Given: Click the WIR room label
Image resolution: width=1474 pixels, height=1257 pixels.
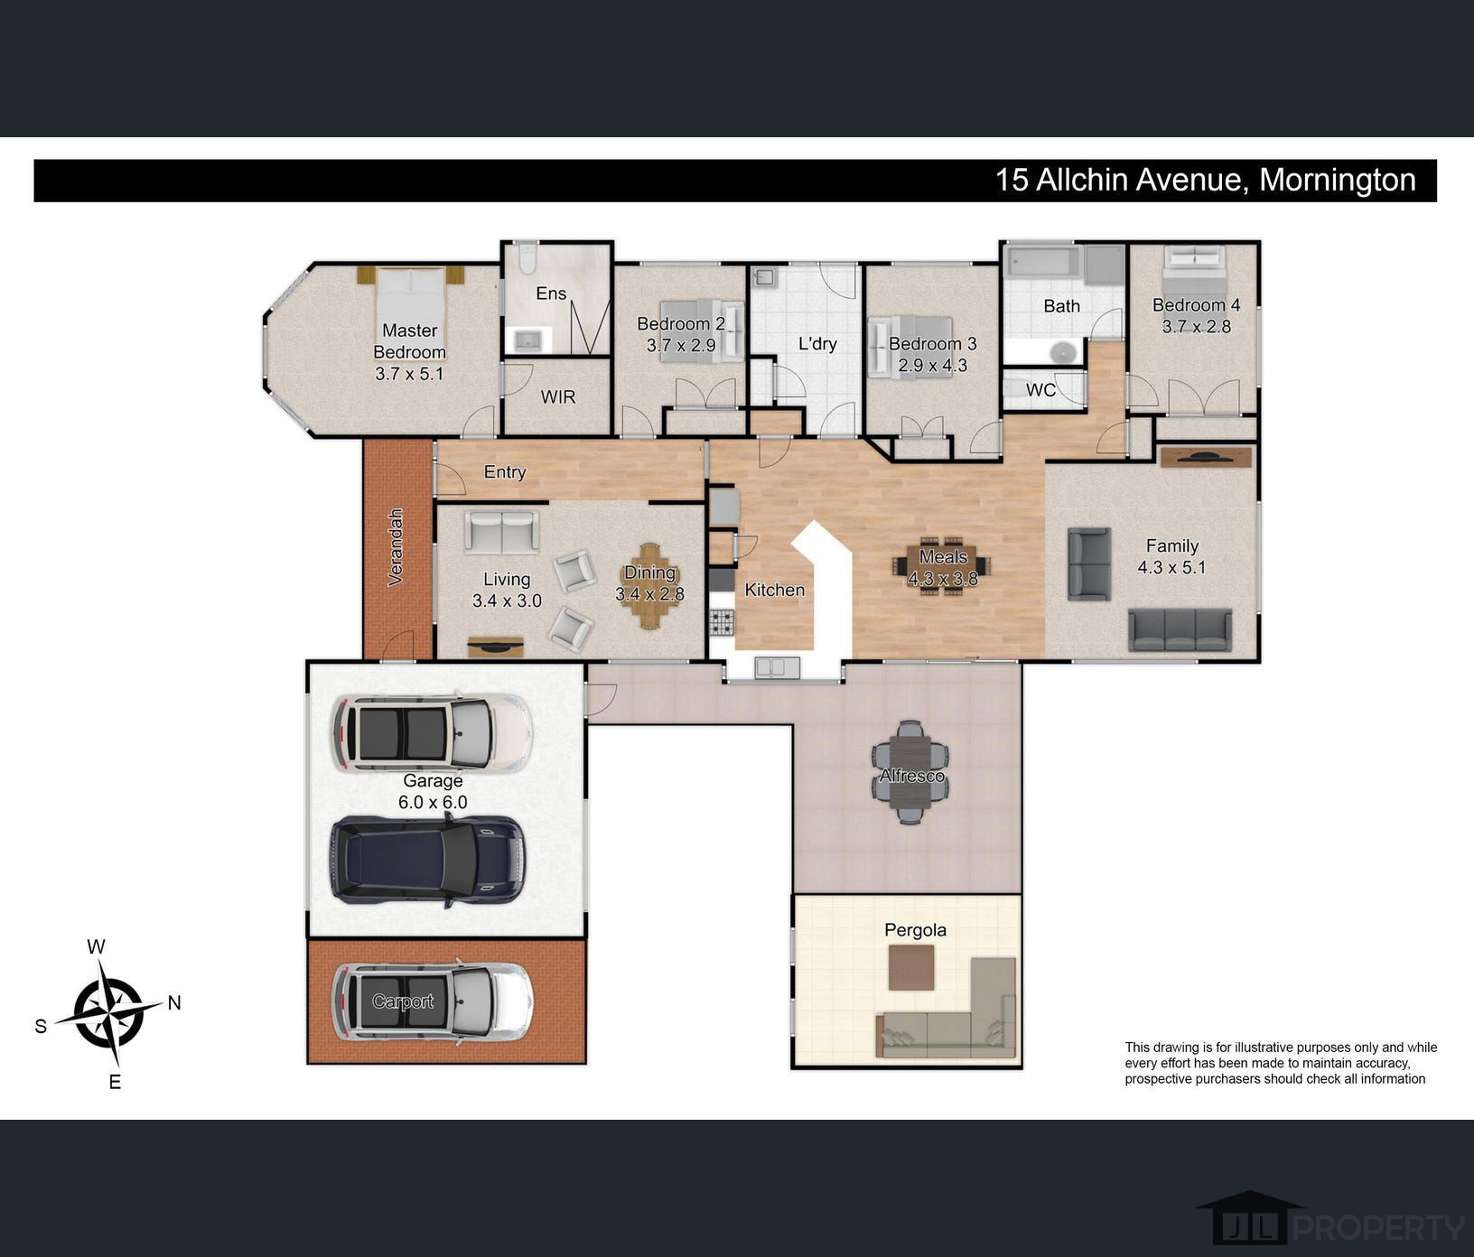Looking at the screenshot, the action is [x=557, y=397].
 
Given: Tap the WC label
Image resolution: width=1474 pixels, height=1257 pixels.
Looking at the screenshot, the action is [x=1040, y=390].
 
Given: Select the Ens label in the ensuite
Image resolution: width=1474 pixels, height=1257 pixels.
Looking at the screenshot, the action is [x=551, y=293].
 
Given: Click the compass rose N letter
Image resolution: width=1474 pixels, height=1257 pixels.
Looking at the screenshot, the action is [x=174, y=1002].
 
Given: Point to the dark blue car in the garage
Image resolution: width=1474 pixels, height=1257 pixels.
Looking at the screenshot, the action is [x=426, y=859].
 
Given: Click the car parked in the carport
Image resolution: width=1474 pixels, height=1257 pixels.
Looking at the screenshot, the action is [x=433, y=1003].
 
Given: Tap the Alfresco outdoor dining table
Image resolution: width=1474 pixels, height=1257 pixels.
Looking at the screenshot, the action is [x=910, y=772].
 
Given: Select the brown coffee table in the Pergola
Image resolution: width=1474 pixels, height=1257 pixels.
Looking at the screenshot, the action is [x=910, y=967].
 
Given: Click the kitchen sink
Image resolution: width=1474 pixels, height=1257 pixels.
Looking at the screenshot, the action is [x=778, y=667].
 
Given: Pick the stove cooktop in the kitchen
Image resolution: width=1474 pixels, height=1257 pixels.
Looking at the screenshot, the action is [x=722, y=621].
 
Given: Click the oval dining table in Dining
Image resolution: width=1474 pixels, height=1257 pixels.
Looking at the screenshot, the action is [x=649, y=585].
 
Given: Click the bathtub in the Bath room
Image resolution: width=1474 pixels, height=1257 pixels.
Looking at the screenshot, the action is [x=1044, y=262].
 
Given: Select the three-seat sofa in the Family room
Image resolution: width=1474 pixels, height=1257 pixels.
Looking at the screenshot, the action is [x=1180, y=629].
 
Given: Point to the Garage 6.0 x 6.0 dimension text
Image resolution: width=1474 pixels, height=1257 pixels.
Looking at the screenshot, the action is [x=433, y=802].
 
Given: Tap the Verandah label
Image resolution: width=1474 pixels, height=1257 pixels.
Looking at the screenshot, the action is [x=396, y=547].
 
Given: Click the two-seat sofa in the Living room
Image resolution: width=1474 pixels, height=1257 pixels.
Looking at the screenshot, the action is [x=502, y=531].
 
